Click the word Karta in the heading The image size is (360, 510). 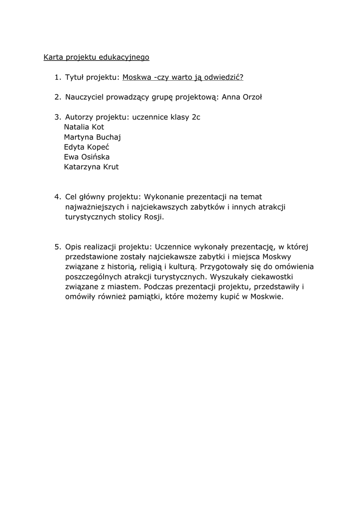pos(53,57)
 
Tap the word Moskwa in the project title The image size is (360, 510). pos(136,77)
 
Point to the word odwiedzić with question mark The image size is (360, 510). pos(225,77)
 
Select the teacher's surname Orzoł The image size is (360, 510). pos(251,97)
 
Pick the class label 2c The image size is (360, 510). pos(196,117)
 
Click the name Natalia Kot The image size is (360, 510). pos(84,127)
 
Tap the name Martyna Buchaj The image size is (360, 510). pos(93,137)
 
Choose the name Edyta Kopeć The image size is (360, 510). pos(87,147)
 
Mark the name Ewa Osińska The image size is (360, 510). pos(87,157)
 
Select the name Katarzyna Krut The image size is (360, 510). pos(91,167)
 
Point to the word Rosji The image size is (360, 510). pos(153,217)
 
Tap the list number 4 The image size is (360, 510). pos(57,197)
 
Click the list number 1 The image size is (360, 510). pos(57,77)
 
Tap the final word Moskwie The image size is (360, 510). pos(266,296)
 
